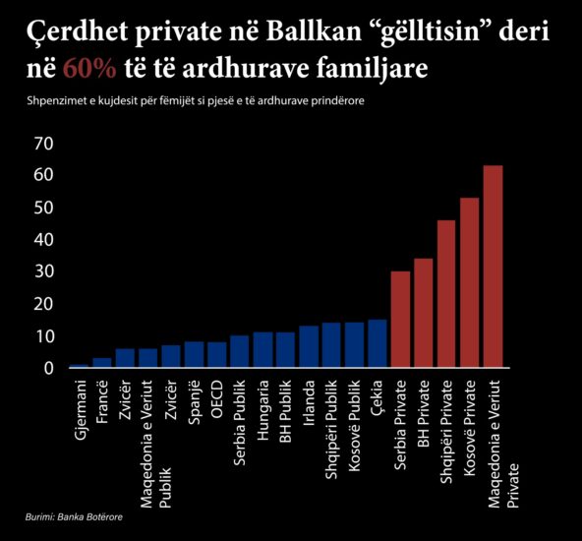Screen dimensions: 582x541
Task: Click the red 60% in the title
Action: click(x=89, y=68)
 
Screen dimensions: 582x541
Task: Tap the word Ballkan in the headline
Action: click(x=314, y=30)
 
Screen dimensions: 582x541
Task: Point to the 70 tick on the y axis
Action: click(x=44, y=144)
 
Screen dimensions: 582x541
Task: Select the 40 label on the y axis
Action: click(x=44, y=239)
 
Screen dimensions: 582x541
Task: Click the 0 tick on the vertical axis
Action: click(x=48, y=368)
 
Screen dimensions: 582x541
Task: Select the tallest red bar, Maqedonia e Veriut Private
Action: click(x=493, y=267)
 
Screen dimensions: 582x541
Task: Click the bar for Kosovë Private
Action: click(x=470, y=282)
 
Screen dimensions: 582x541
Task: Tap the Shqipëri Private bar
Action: click(x=446, y=294)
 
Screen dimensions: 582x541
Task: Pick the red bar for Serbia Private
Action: click(x=400, y=320)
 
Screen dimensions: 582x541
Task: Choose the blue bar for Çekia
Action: click(x=378, y=343)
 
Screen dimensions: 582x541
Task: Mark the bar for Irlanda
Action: click(x=309, y=347)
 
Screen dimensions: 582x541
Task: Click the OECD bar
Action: click(x=216, y=355)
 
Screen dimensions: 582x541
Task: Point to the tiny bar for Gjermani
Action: click(x=79, y=366)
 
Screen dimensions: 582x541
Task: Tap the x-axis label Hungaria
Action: click(x=262, y=410)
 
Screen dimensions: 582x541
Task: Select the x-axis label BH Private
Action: click(x=424, y=414)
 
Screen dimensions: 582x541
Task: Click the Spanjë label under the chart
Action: click(x=194, y=402)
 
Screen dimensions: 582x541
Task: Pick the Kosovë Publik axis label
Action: click(x=355, y=426)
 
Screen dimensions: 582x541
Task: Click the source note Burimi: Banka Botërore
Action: click(x=74, y=516)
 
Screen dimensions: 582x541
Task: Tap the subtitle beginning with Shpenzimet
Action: click(x=196, y=101)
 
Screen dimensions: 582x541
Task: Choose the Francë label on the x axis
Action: click(x=102, y=401)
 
